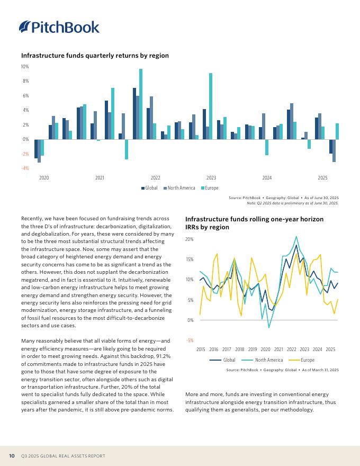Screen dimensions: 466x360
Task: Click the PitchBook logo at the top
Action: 59,27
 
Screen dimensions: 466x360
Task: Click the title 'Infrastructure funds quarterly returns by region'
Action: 95,55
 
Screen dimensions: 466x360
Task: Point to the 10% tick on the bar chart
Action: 25,67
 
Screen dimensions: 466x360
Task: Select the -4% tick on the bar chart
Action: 25,168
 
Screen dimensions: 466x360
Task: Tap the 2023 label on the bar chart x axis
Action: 211,178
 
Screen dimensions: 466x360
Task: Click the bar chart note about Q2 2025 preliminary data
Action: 293,203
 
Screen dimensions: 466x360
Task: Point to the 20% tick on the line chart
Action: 190,239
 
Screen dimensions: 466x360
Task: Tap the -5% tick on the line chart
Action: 190,340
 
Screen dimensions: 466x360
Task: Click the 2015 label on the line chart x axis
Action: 201,349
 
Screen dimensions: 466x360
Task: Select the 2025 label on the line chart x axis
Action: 330,349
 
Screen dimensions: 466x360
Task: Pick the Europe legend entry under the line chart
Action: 301,360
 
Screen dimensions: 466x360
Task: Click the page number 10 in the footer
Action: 12,456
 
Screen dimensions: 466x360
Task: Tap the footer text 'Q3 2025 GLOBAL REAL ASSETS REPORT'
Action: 63,456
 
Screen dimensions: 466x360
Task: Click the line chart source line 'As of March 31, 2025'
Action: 320,370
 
